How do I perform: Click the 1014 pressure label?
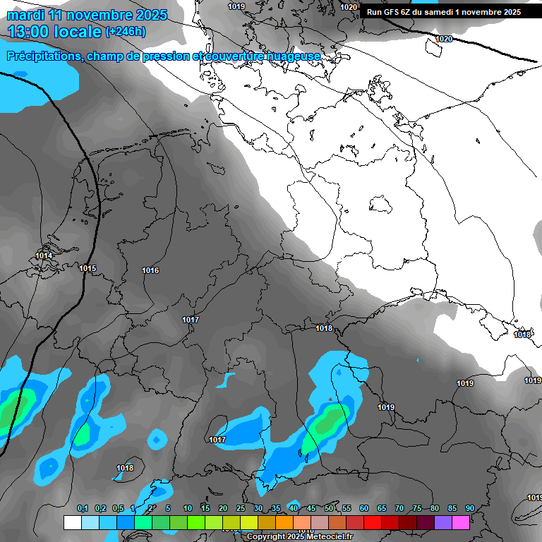coord(44,256)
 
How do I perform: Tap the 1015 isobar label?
coord(88,268)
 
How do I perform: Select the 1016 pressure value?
coord(150,271)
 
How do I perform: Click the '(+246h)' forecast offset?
coord(126,32)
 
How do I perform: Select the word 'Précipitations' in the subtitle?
coord(43,56)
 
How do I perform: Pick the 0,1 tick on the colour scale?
coord(83,509)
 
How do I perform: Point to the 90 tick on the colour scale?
coord(469,509)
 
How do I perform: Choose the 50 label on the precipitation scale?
coord(329,509)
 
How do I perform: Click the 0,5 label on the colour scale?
coord(118,509)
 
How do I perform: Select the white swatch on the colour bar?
coord(72,522)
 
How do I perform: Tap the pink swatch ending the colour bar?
coord(461,522)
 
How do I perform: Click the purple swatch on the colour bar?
coord(443,522)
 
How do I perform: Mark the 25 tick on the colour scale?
coord(241,509)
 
